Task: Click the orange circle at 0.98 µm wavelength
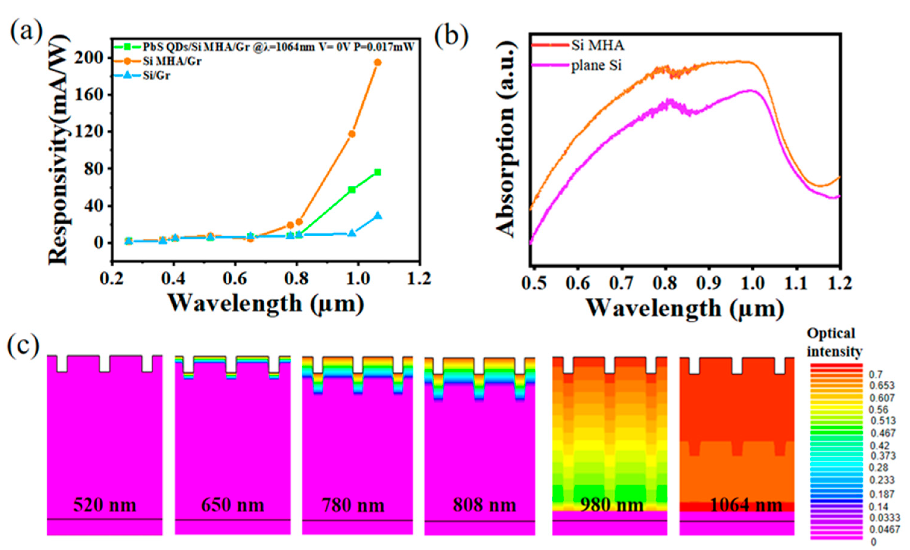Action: (352, 134)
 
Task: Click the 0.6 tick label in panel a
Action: (235, 279)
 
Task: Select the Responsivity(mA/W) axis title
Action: (59, 149)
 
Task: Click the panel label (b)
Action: (451, 38)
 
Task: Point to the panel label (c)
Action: (23, 344)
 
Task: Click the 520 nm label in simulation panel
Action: (105, 505)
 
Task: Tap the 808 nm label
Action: (484, 505)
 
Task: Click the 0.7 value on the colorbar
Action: (876, 375)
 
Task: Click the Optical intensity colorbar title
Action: (834, 342)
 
